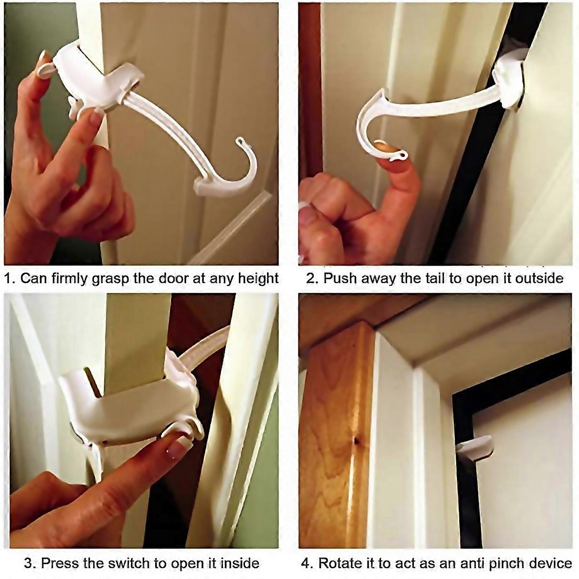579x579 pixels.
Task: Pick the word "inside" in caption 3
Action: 238,563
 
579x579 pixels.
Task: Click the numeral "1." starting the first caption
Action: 10,278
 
